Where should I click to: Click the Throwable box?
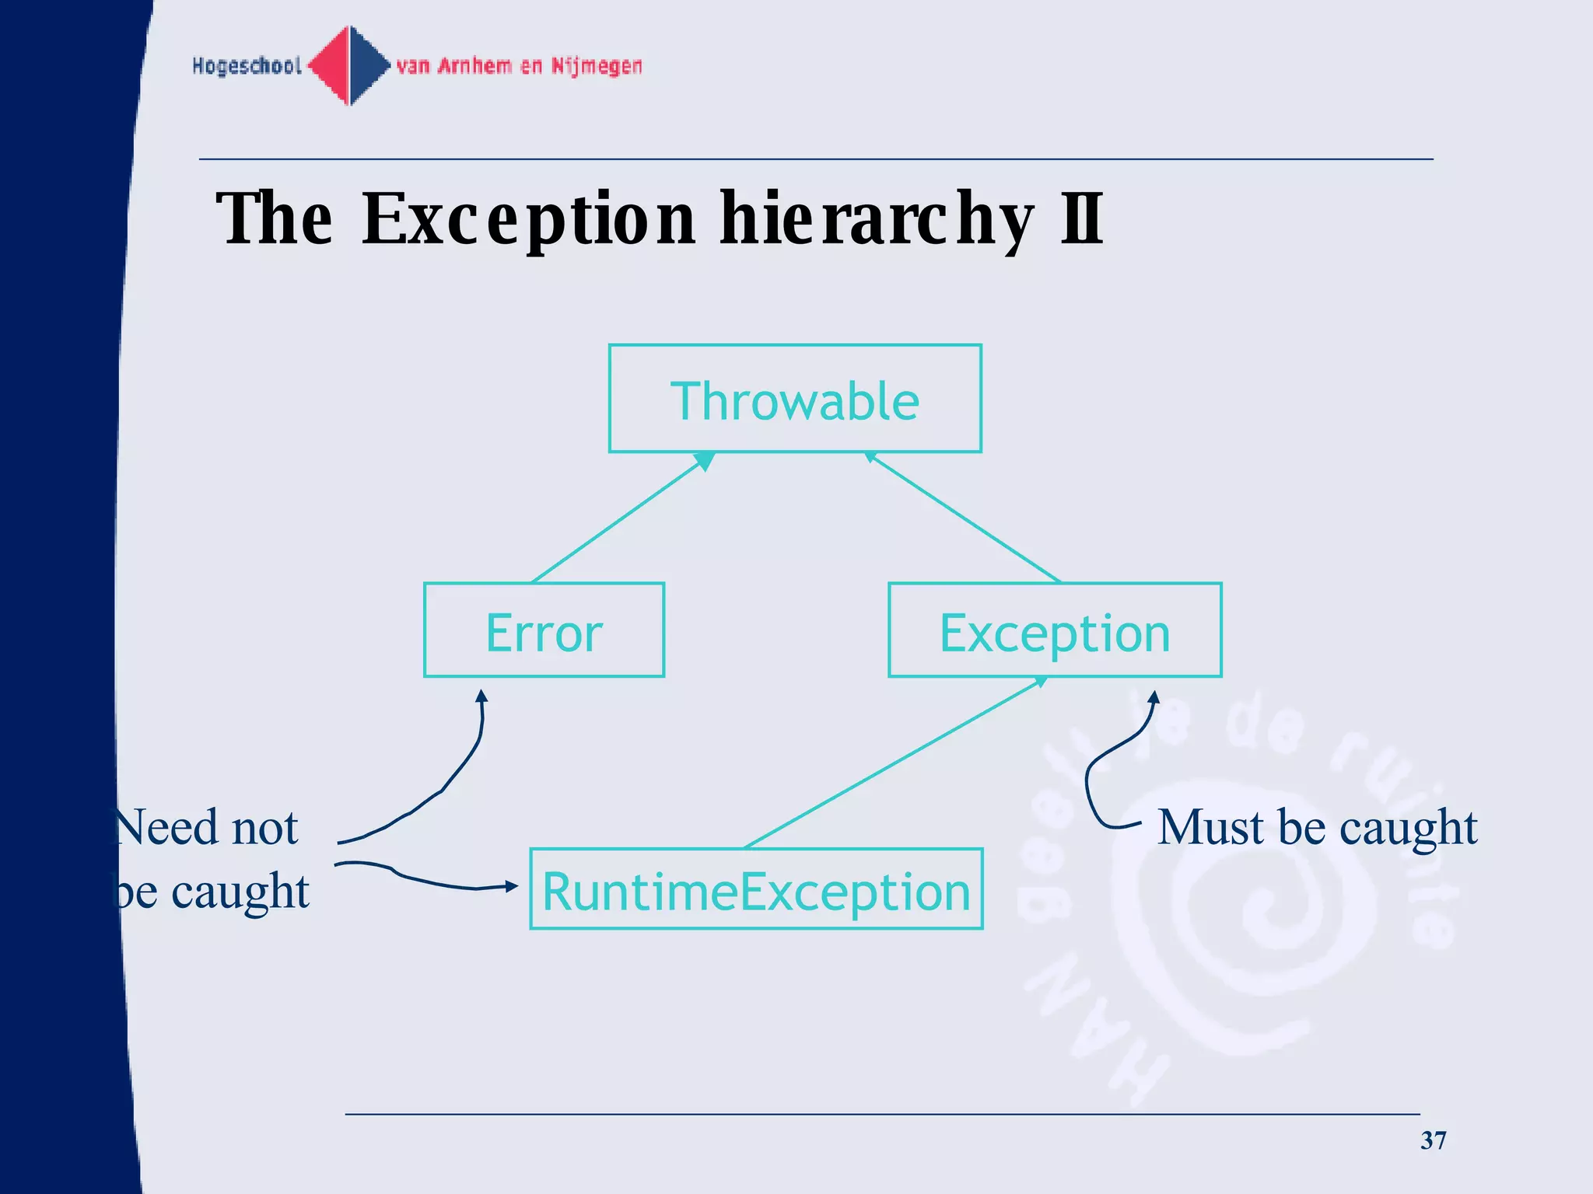(x=795, y=399)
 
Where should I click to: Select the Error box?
(x=544, y=630)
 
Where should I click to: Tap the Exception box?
(x=1055, y=630)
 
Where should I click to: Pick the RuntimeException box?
(x=756, y=889)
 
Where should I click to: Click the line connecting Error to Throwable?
(x=618, y=519)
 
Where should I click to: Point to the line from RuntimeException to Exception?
(x=895, y=763)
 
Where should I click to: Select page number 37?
(x=1433, y=1140)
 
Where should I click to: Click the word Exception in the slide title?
(x=528, y=220)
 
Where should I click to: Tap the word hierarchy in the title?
(x=877, y=220)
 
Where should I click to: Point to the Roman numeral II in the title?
(x=1082, y=218)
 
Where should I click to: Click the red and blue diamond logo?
(x=350, y=65)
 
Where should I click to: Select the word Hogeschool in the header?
(x=247, y=66)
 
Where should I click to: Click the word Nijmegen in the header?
(x=597, y=67)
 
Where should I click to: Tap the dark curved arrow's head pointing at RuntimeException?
(x=511, y=886)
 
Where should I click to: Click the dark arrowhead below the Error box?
(x=481, y=696)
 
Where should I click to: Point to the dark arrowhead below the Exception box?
(x=1154, y=696)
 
